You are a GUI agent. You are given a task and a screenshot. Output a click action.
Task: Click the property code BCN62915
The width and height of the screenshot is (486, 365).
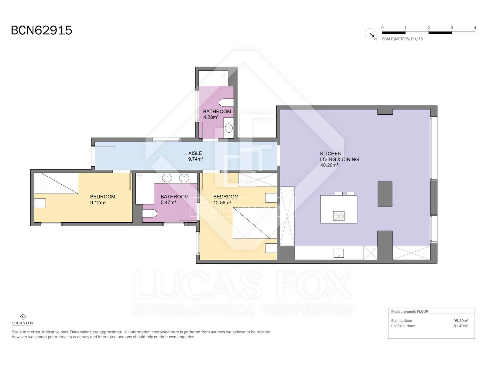point(42,30)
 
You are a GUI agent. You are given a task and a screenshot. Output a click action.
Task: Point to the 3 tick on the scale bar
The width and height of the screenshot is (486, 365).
point(452,28)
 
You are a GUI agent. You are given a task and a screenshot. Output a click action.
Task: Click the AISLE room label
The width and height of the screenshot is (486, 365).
point(195,153)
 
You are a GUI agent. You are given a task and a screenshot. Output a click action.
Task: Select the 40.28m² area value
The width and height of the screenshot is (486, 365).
point(329,165)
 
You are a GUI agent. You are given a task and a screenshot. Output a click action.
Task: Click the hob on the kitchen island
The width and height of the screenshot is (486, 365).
point(339,216)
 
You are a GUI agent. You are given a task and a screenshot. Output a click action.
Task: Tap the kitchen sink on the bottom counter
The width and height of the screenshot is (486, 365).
point(339,253)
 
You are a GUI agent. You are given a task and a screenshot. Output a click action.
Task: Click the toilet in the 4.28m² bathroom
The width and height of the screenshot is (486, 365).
point(226,103)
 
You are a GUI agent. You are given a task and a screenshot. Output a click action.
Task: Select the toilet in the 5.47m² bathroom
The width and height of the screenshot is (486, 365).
point(150,214)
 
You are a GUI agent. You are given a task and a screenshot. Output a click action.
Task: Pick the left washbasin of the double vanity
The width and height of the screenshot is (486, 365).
point(167,178)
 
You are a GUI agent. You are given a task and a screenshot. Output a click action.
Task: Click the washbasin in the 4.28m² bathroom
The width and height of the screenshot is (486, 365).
point(229,128)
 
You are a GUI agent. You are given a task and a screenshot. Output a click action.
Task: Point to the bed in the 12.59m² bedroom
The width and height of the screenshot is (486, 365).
point(252,223)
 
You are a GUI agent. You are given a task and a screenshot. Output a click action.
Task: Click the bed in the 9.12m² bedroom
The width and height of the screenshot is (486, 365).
point(59,183)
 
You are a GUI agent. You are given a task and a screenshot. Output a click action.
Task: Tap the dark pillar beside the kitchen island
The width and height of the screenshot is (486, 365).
point(385,194)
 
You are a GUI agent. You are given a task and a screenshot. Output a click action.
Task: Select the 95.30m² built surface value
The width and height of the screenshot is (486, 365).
point(461,321)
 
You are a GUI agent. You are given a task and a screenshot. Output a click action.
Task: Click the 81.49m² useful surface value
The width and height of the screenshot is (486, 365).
point(461,326)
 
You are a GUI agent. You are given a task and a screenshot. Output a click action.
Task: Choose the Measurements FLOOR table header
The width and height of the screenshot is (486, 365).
point(410,311)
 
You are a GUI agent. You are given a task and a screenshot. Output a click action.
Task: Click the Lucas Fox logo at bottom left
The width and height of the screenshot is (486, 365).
point(23,320)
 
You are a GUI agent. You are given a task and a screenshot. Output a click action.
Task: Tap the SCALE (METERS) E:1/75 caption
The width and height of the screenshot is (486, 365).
point(402,39)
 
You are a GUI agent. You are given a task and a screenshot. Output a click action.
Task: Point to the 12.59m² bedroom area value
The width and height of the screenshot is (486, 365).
point(222,202)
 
